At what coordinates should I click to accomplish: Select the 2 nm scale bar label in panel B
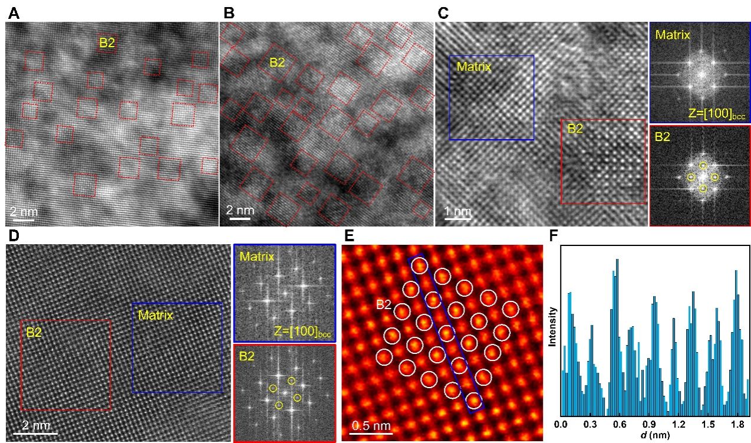pyautogui.click(x=241, y=210)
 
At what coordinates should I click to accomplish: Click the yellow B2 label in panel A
pyautogui.click(x=107, y=42)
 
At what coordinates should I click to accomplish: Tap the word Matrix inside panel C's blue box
pyautogui.click(x=474, y=67)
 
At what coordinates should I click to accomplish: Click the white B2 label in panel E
pyautogui.click(x=384, y=305)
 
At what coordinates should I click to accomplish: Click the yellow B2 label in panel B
pyautogui.click(x=277, y=63)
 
